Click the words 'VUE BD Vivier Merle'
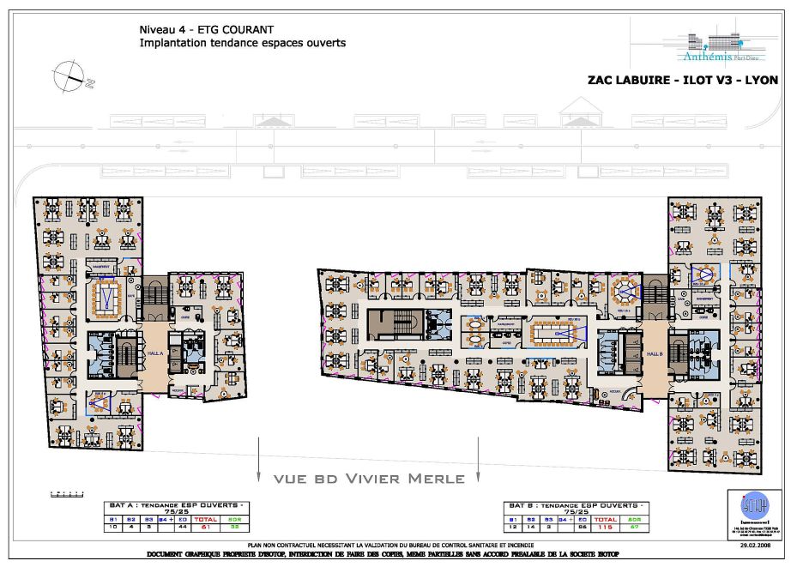tap(369, 479)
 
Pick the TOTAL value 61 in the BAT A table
tap(206, 528)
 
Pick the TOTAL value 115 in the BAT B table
tap(606, 528)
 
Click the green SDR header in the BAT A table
tap(234, 519)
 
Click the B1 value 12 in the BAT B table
tap(512, 528)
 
